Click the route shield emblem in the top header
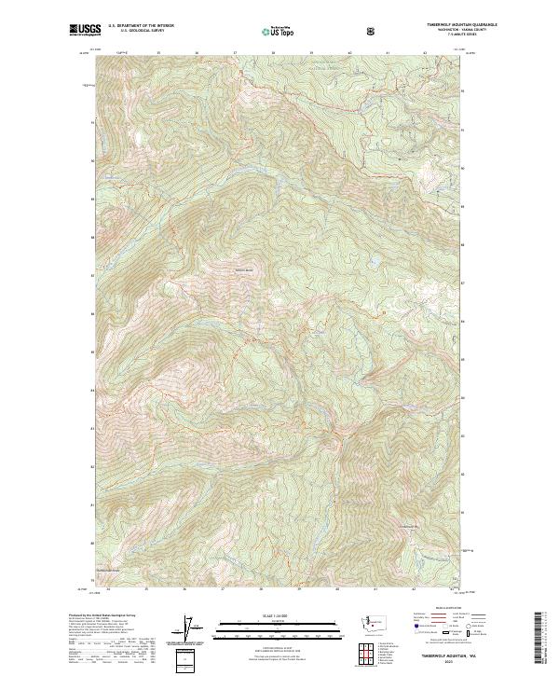[x=373, y=31]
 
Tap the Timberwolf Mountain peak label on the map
[x=243, y=271]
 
